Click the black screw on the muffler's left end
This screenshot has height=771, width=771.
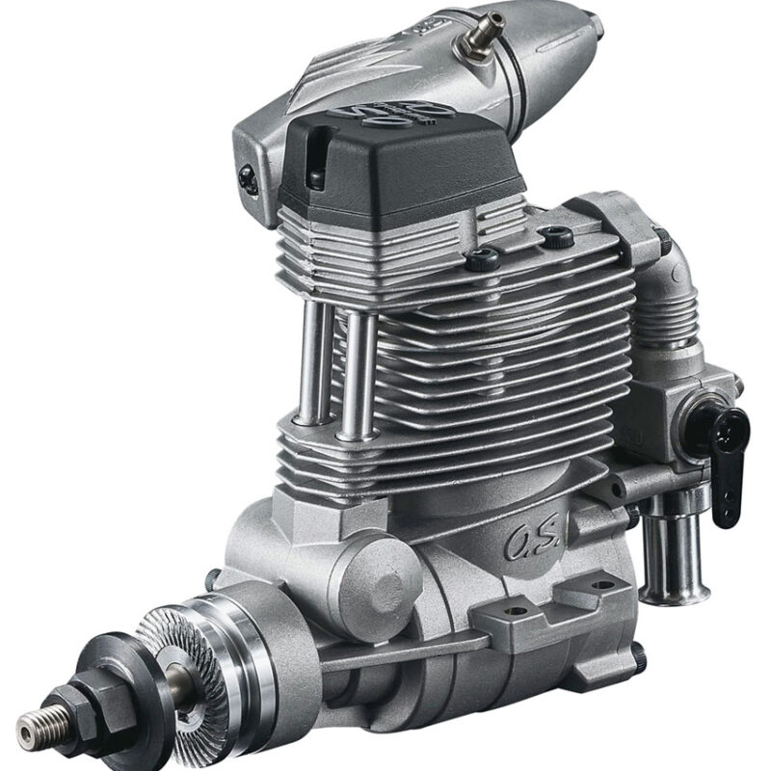point(242,177)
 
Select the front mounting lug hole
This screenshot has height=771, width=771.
point(515,611)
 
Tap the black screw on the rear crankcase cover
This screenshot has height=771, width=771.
point(641,657)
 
